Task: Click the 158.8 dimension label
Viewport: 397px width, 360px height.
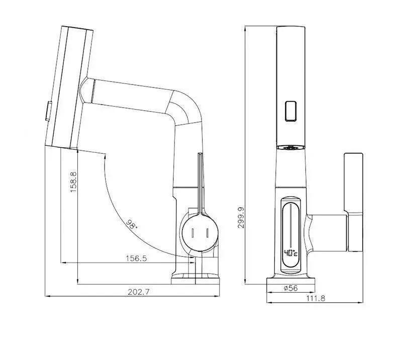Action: tap(73, 182)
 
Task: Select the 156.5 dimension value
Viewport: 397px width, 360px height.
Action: tap(136, 258)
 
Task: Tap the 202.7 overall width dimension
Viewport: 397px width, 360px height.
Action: tap(139, 292)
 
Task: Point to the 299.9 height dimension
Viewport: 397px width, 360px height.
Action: tap(241, 218)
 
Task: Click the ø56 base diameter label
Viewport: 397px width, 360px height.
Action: tap(290, 288)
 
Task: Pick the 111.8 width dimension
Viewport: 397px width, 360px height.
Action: tap(316, 298)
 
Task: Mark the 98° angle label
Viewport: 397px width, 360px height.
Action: tap(132, 224)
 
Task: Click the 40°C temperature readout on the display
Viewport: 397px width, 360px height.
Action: tap(290, 252)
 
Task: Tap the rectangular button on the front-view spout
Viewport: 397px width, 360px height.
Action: tap(290, 111)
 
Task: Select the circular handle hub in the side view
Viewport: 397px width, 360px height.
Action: tap(201, 233)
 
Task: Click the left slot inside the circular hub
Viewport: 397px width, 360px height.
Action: tap(192, 233)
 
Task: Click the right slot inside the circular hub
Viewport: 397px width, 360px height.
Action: tap(208, 233)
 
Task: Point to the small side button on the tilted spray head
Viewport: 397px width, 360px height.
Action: tap(48, 111)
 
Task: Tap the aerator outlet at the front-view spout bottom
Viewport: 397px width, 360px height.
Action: tap(290, 147)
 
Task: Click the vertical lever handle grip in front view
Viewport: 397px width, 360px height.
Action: tap(353, 183)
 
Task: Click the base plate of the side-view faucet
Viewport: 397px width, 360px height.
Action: tap(195, 281)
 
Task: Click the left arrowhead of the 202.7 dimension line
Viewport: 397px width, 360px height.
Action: tap(48, 296)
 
